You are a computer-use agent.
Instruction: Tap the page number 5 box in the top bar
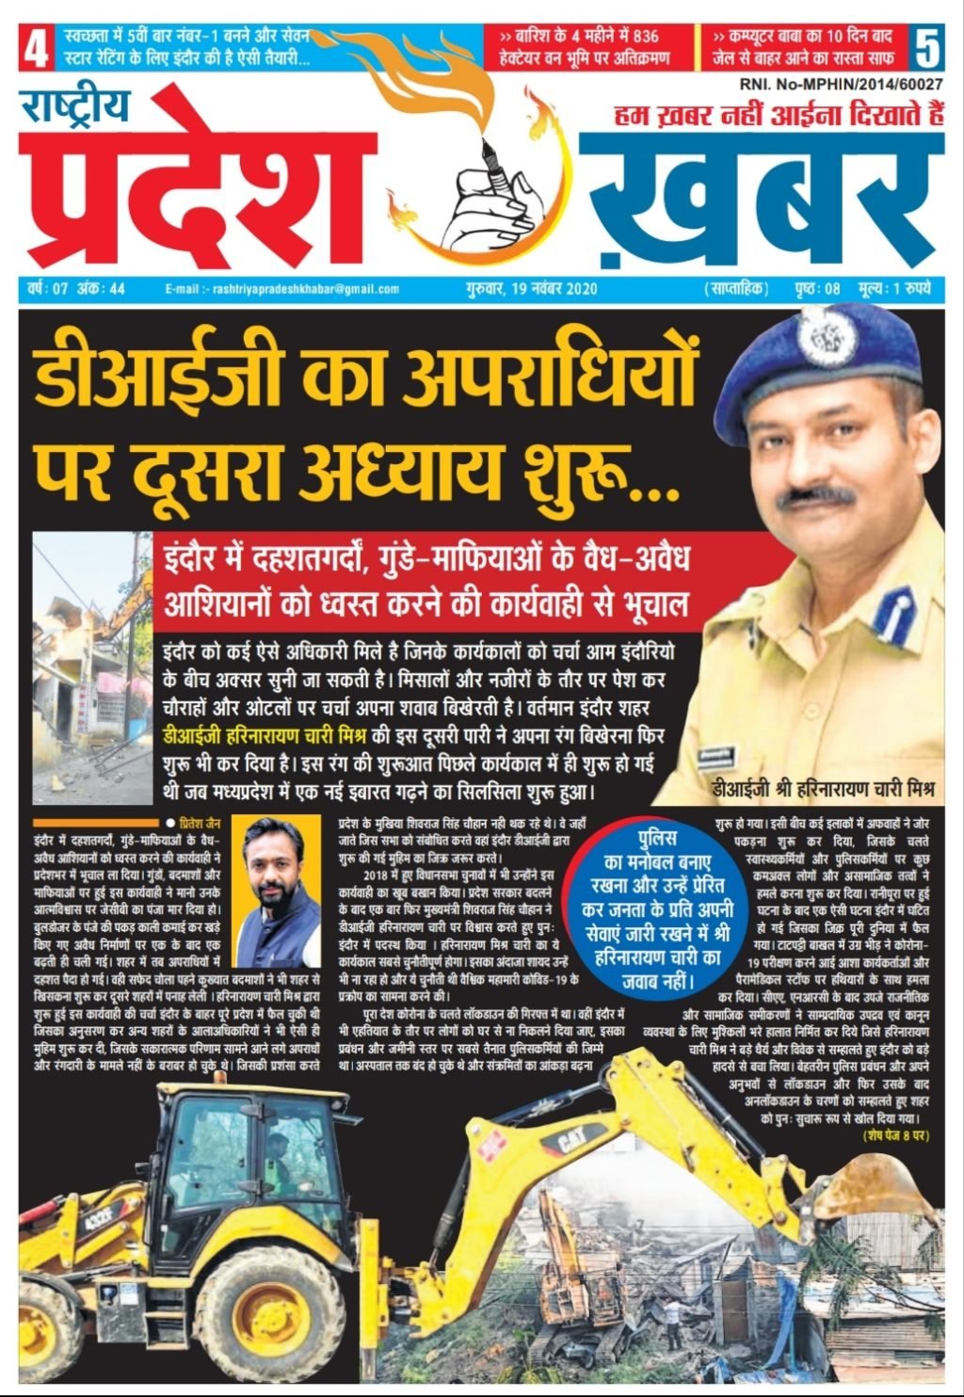[926, 48]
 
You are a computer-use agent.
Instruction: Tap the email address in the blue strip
[281, 289]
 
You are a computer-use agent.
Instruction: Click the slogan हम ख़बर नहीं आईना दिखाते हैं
[778, 117]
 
